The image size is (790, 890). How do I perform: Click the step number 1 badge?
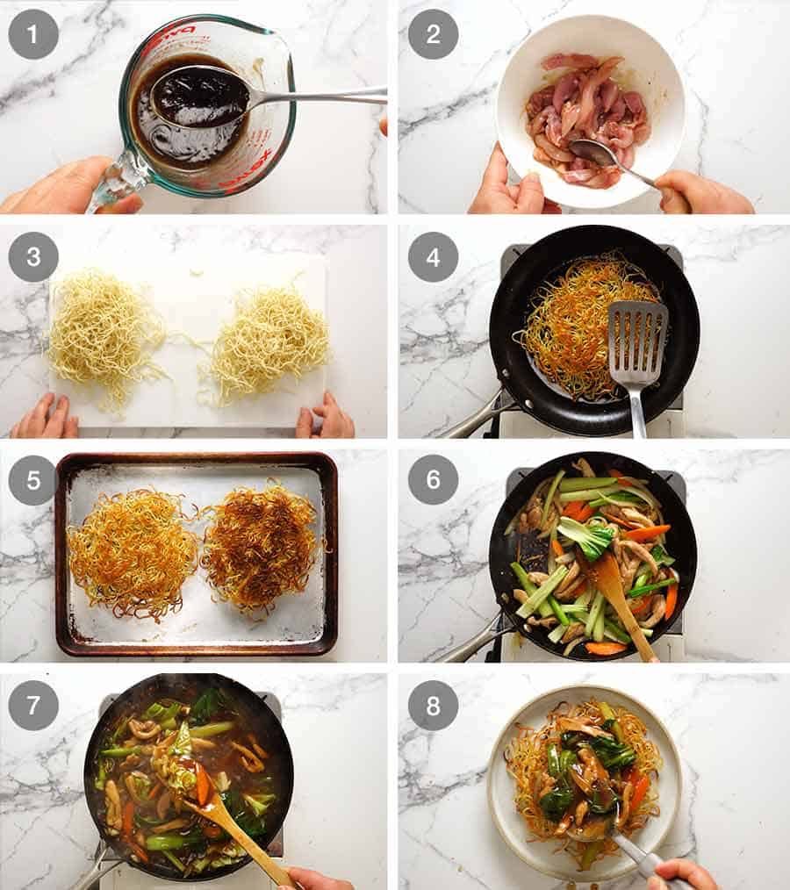click(33, 34)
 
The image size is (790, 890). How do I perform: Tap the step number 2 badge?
click(433, 34)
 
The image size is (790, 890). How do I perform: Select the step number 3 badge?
click(33, 257)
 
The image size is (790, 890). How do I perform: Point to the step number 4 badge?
click(433, 257)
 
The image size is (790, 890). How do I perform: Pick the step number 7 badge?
click(33, 706)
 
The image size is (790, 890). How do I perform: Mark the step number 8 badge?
click(433, 706)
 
